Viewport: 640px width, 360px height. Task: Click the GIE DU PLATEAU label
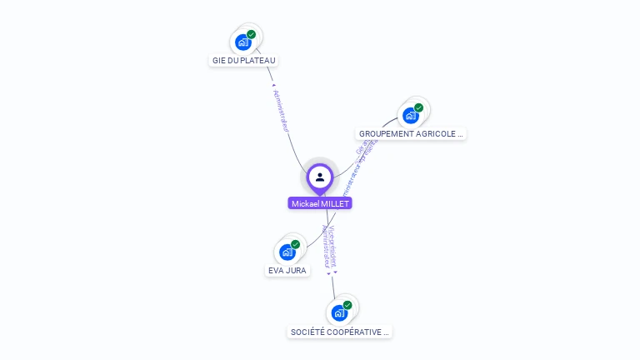pos(243,60)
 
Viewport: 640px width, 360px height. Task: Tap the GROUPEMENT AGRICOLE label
pos(410,133)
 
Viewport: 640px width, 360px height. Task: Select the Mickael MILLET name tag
pos(320,203)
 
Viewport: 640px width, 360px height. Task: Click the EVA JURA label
pos(287,270)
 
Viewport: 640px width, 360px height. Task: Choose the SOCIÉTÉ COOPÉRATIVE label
pos(339,332)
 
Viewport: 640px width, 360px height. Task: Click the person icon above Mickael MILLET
pos(320,177)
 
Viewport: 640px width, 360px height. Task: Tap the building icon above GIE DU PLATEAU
pos(242,42)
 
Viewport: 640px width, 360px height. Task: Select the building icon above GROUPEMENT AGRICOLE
pos(410,115)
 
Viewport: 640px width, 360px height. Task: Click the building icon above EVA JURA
pos(287,252)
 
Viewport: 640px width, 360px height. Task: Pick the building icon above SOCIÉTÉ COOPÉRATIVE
pos(338,312)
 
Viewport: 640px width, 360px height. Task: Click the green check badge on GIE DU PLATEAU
pos(251,35)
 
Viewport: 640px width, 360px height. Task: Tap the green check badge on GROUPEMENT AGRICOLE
pos(418,107)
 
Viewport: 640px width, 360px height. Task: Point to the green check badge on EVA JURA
pos(295,244)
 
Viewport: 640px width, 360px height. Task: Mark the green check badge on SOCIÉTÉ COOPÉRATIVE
pos(347,305)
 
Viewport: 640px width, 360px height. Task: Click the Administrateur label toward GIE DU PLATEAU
pos(281,111)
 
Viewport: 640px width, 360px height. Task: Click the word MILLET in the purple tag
pos(335,203)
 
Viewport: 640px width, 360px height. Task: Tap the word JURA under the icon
pos(297,270)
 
